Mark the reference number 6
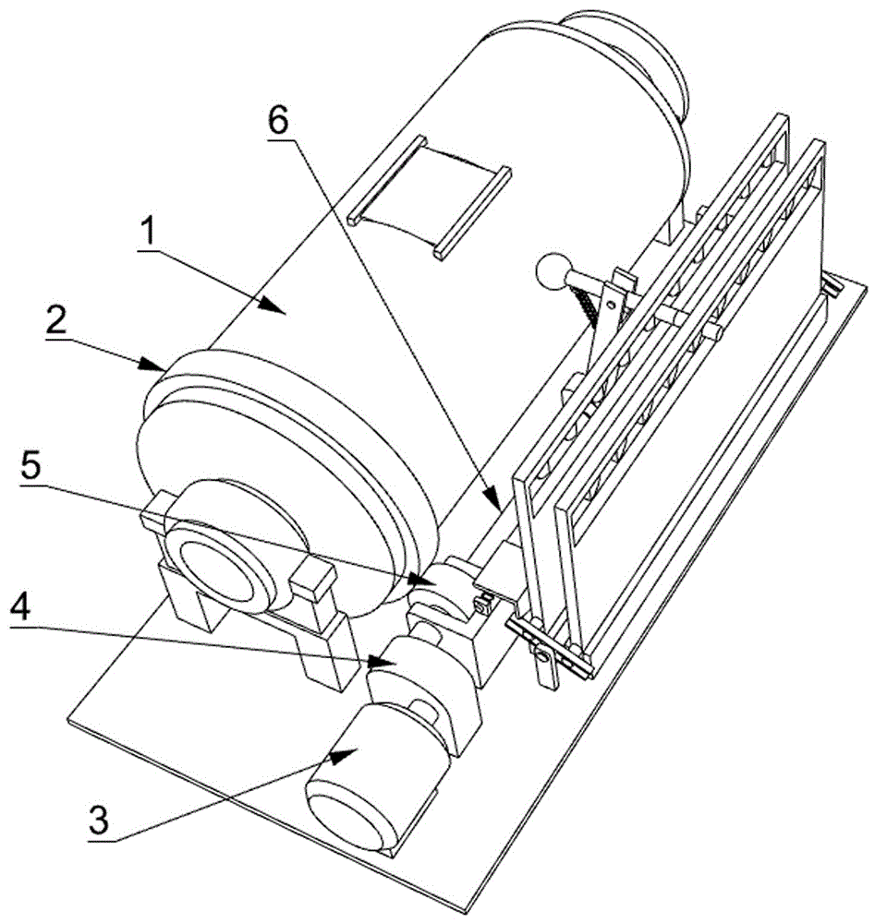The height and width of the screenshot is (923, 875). point(279,120)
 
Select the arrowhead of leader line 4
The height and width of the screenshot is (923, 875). point(382,661)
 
